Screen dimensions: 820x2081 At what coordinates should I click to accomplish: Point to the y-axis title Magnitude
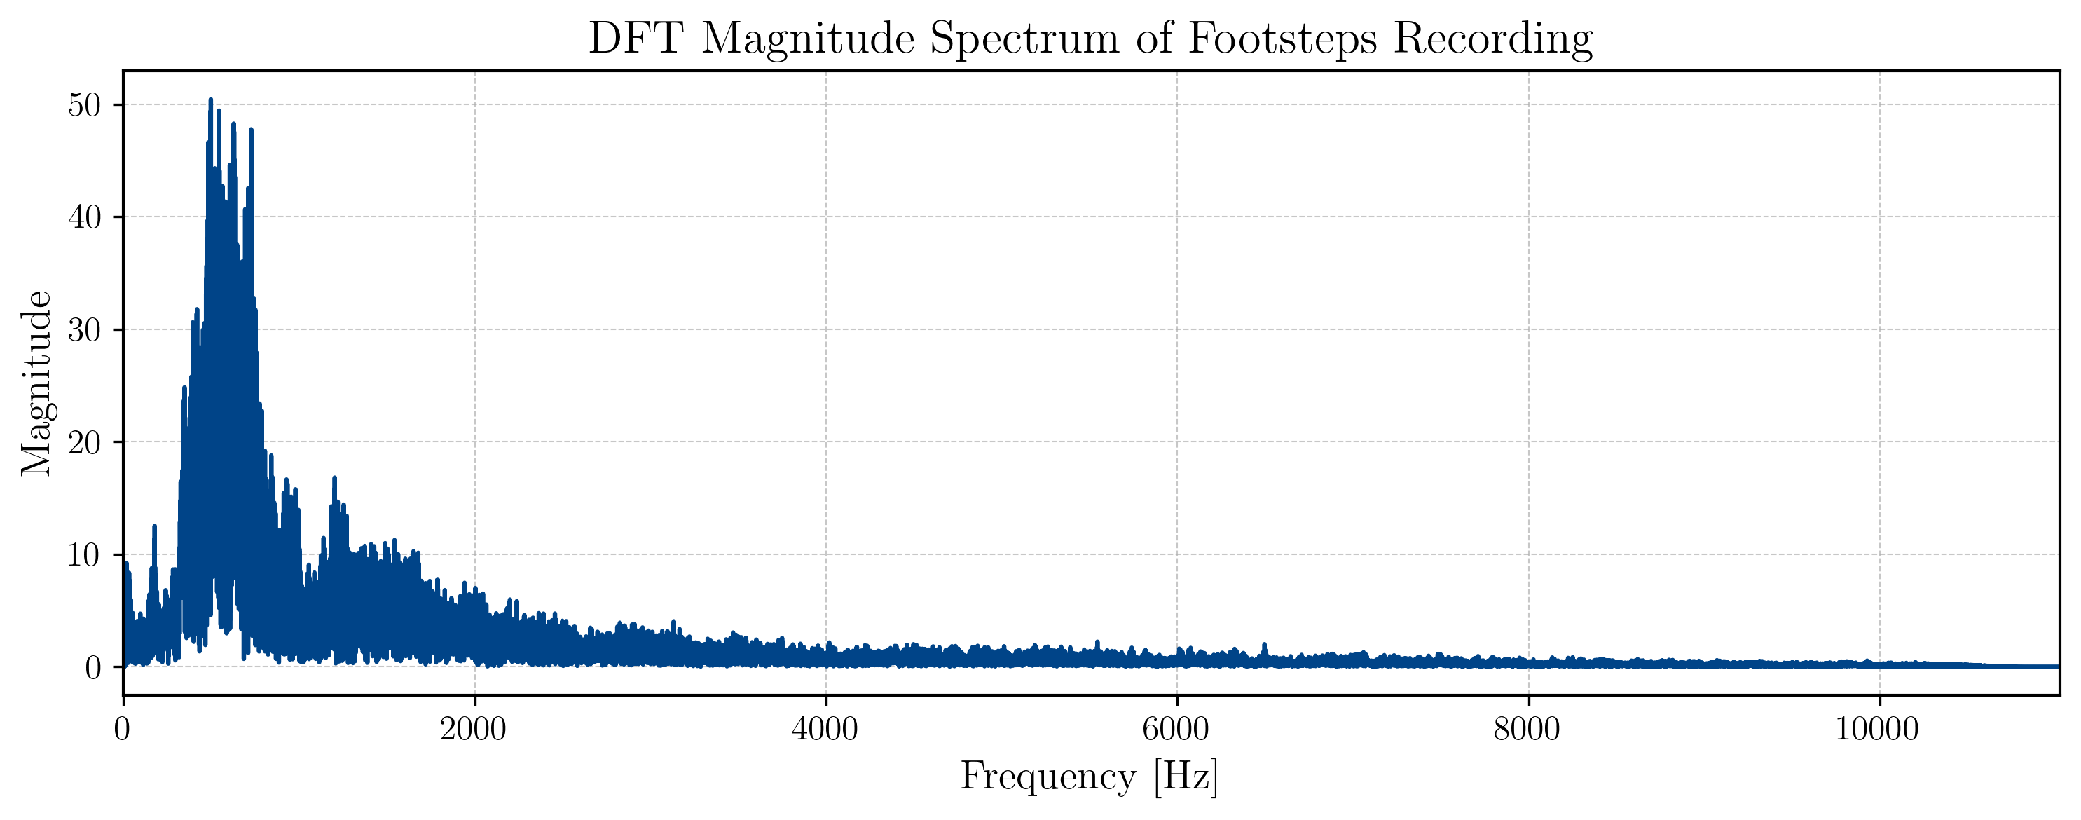[36, 383]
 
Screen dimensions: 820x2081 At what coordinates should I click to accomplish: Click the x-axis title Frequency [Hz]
[1089, 777]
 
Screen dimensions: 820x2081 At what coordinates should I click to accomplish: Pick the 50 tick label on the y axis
[84, 105]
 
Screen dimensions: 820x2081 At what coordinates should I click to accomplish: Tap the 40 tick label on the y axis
[84, 217]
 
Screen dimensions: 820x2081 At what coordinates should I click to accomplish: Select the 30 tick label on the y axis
[84, 329]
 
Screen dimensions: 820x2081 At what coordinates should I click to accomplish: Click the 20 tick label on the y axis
[84, 442]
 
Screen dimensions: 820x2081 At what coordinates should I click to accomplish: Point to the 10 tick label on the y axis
[84, 554]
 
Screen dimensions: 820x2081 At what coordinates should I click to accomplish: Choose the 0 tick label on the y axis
[93, 667]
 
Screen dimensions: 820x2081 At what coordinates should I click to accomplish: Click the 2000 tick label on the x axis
[474, 730]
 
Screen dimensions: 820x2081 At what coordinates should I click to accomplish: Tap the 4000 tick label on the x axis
[825, 730]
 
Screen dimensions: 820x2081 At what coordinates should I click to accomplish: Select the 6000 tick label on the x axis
[1176, 730]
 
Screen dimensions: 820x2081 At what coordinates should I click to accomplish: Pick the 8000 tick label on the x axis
[1527, 730]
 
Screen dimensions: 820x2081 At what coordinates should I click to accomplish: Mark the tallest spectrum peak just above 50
[210, 100]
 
